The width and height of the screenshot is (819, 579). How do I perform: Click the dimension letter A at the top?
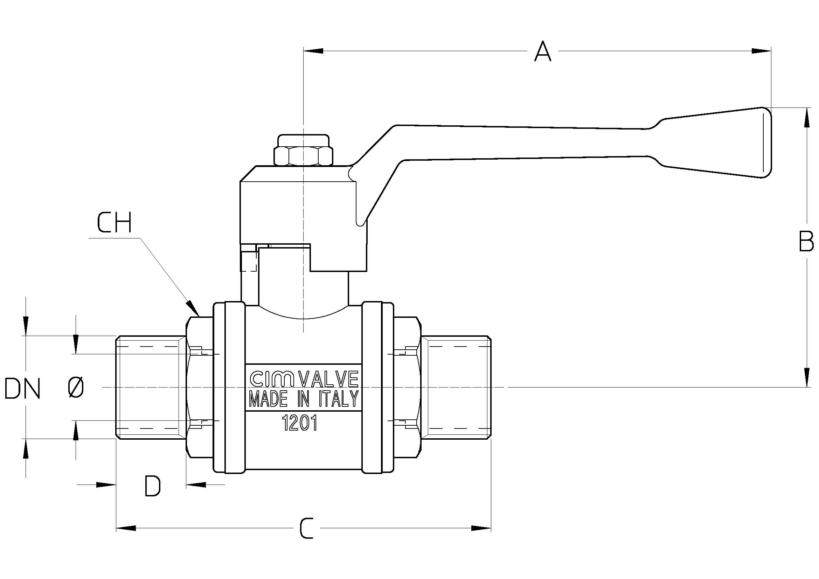[542, 52]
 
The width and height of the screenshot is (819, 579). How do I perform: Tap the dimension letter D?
[153, 486]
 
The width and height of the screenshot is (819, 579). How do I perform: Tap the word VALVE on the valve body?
[328, 379]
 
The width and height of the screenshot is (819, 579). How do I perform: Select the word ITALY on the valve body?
[338, 399]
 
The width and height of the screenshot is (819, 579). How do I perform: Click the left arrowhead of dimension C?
[126, 528]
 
